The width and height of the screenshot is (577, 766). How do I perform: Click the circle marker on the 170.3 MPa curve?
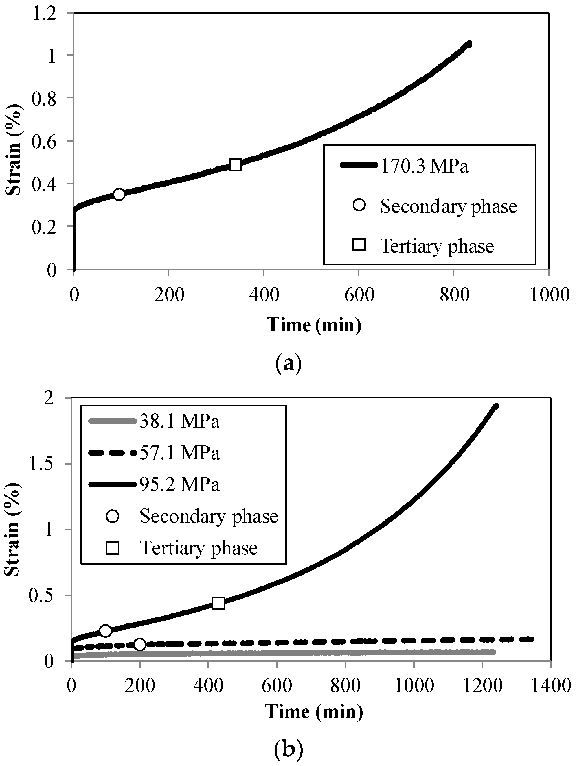[x=119, y=194]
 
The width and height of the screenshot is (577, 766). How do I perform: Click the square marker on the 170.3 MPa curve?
[x=236, y=165]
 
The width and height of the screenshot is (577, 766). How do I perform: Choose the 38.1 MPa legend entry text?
[x=180, y=421]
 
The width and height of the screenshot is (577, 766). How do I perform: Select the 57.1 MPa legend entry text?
[x=180, y=453]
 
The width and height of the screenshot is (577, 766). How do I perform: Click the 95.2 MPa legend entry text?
[x=180, y=484]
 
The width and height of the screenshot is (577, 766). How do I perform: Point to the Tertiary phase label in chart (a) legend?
[x=437, y=246]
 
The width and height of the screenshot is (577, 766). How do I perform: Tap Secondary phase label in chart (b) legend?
[x=209, y=516]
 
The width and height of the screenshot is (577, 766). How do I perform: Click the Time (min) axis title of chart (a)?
[x=314, y=325]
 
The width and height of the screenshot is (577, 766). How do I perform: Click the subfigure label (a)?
[x=288, y=363]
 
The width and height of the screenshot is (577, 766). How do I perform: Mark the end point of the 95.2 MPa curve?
[x=496, y=406]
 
